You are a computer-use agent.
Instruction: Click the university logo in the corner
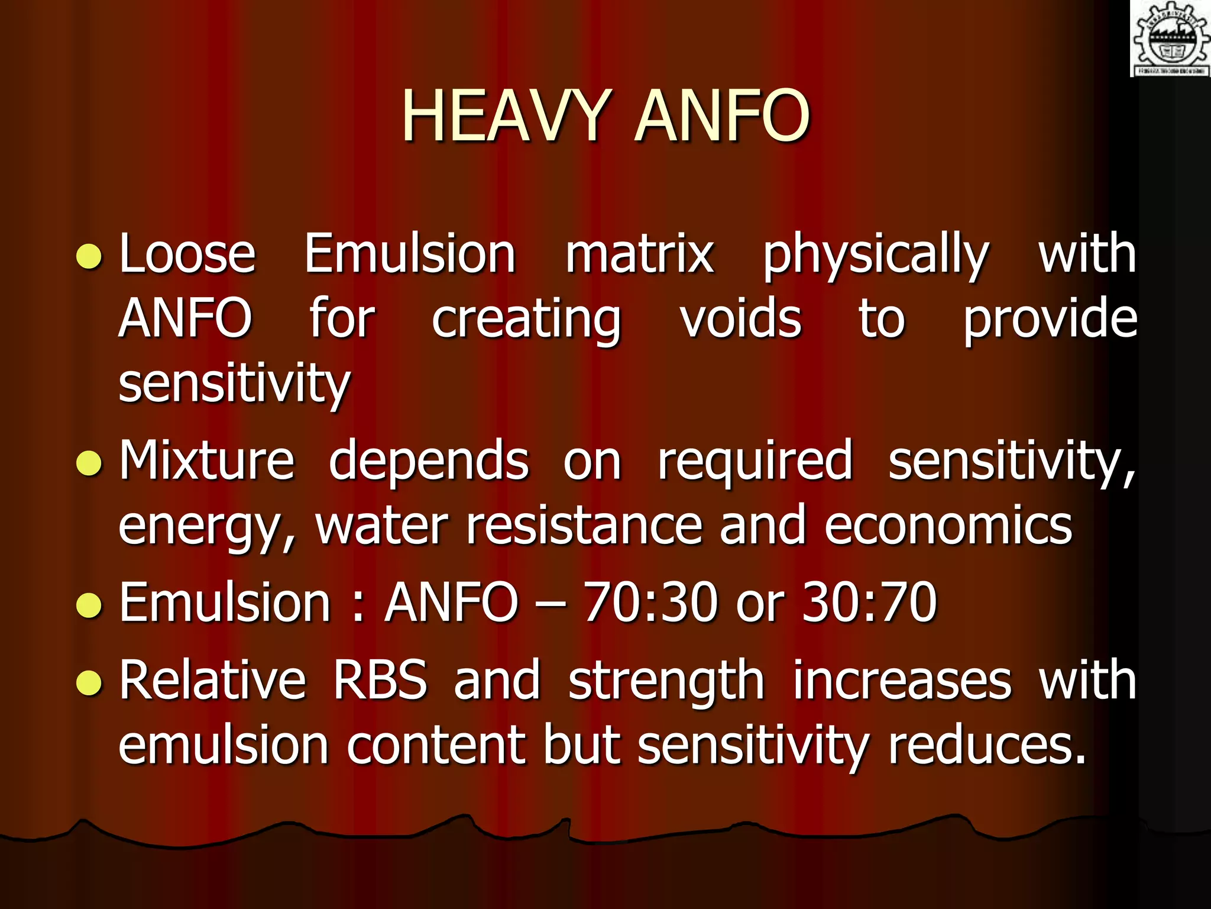1170,39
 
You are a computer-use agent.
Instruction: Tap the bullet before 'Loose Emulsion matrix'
90,256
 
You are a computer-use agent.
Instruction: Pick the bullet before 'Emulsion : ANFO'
90,605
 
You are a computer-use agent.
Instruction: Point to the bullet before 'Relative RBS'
90,682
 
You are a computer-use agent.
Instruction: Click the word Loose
187,254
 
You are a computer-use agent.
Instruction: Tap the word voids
740,320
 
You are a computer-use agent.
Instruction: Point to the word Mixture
207,460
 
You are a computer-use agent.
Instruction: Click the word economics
948,526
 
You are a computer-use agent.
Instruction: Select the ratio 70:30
650,602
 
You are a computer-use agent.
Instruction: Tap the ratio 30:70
869,602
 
